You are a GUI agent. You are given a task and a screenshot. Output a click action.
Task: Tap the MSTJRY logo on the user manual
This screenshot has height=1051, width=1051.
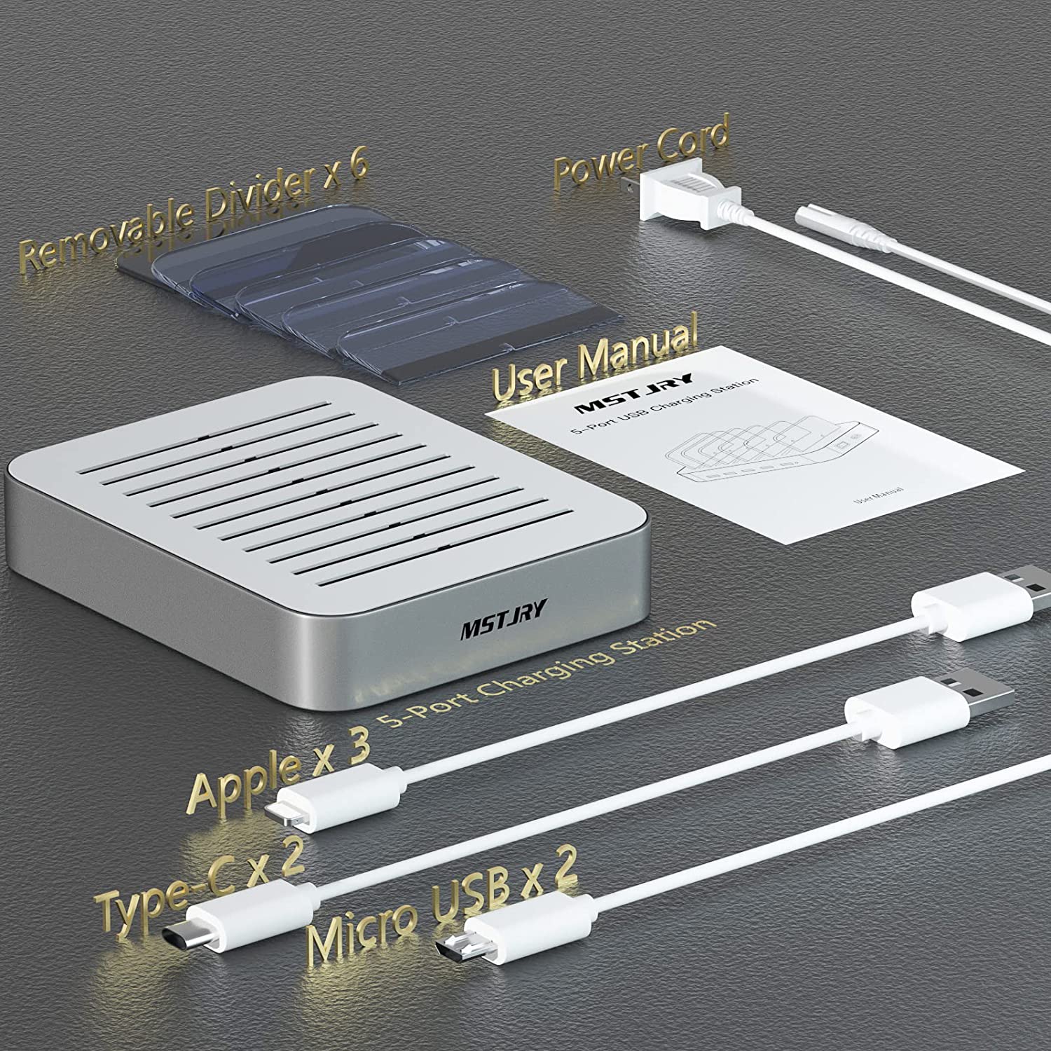(x=633, y=393)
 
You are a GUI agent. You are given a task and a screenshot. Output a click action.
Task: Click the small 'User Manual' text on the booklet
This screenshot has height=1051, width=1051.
(x=877, y=495)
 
